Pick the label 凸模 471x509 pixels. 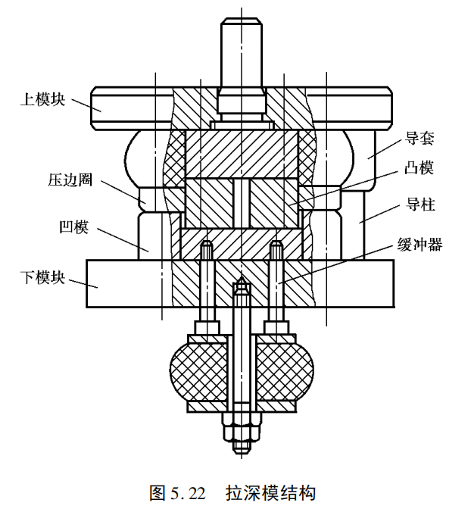[420, 168]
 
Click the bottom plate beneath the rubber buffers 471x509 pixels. [241, 407]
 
